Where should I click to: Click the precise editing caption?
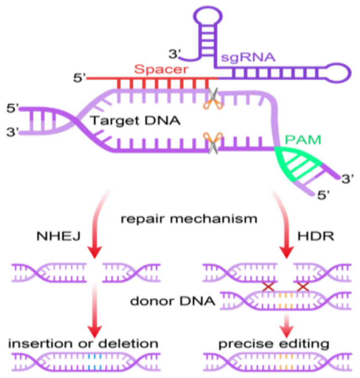(x=274, y=344)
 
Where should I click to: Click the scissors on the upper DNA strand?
(x=213, y=99)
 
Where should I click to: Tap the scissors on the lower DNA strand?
(x=213, y=143)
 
